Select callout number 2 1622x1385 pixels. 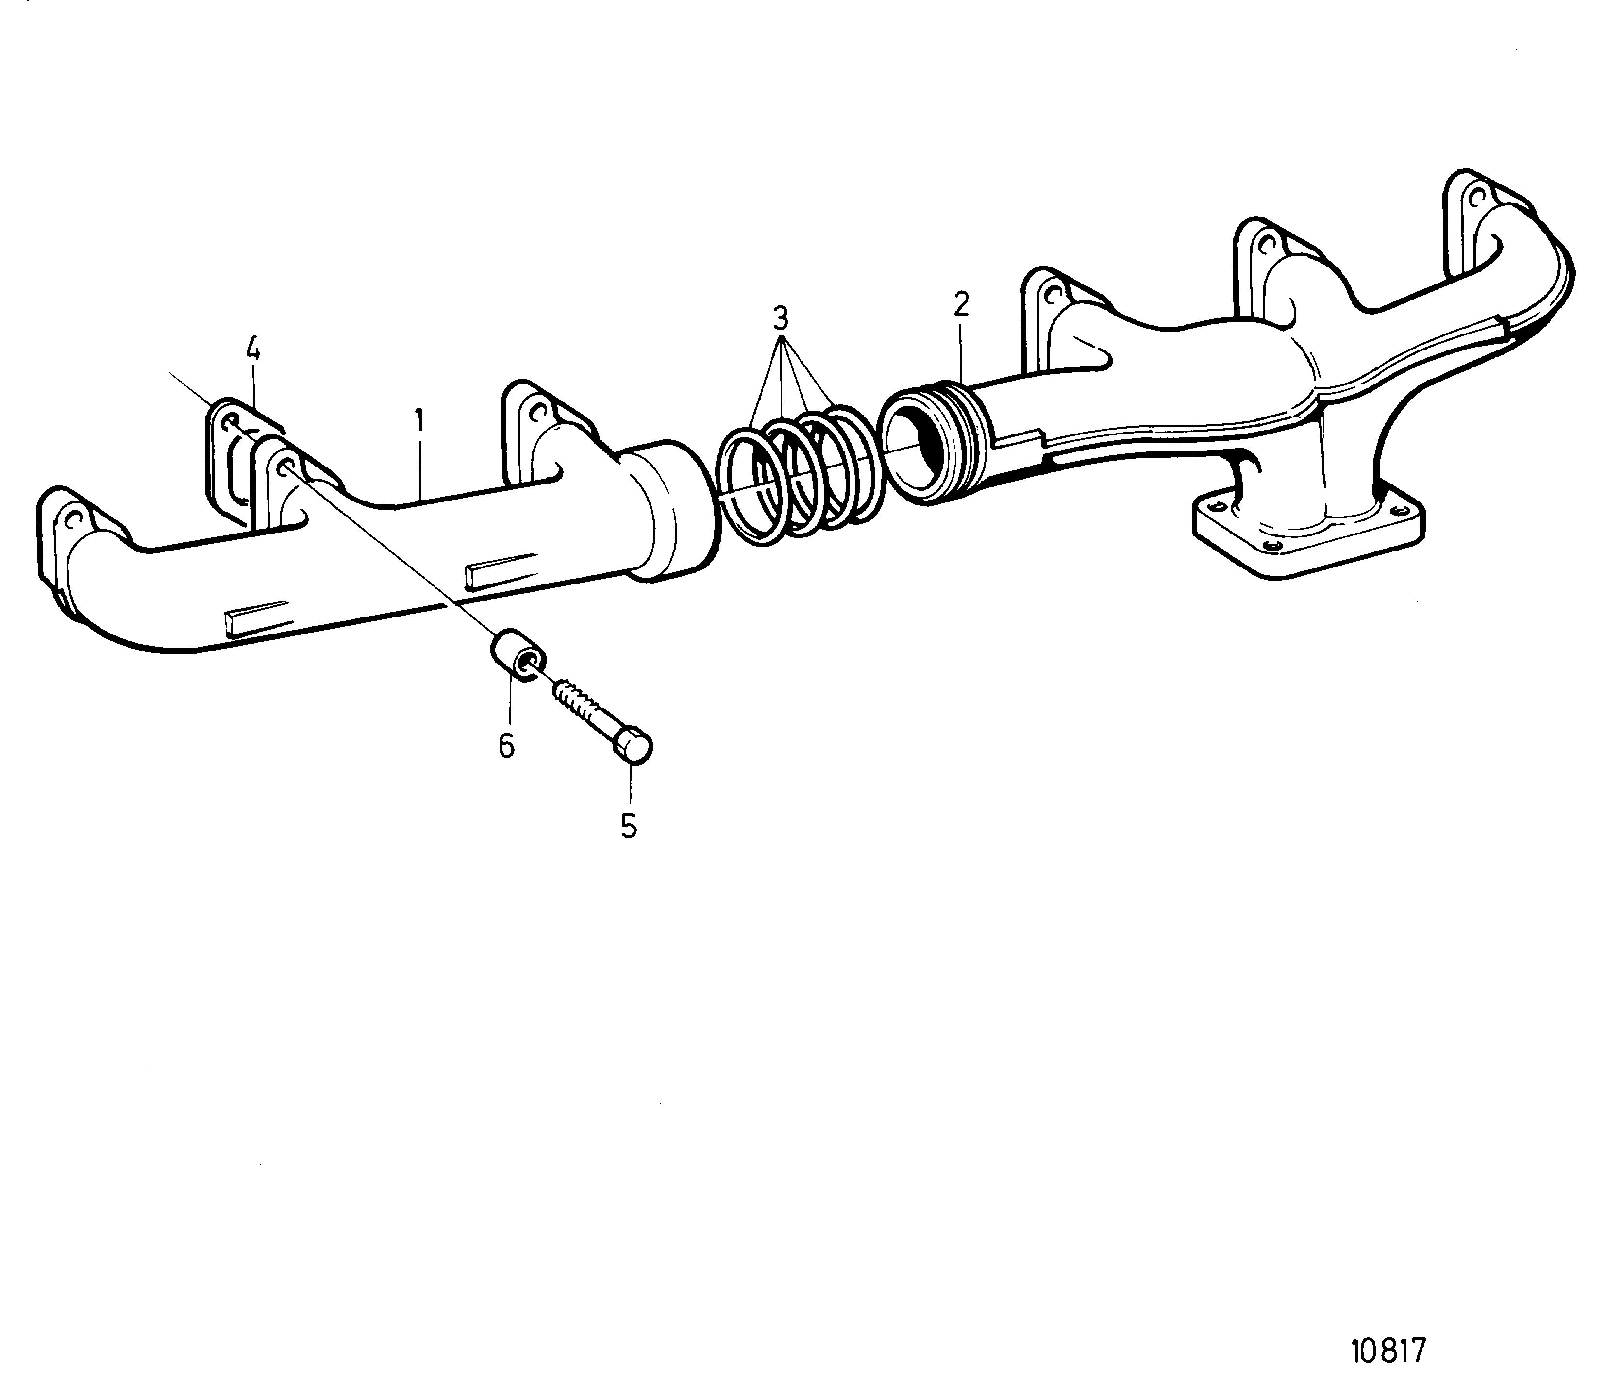click(x=961, y=304)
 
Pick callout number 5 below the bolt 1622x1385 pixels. click(x=629, y=826)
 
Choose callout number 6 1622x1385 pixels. click(x=506, y=746)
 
